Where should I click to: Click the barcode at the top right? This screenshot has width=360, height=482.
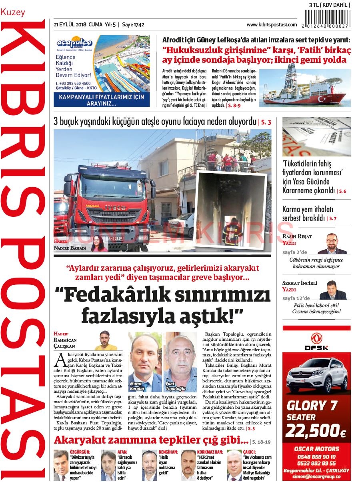[x=328, y=18]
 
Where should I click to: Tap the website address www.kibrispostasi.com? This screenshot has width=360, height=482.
[x=272, y=25]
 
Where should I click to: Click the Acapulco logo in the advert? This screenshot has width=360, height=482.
[x=75, y=43]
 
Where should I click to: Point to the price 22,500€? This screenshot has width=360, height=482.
[x=316, y=431]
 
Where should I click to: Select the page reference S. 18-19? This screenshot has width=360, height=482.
[x=261, y=442]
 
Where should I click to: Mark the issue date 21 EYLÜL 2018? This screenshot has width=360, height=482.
[x=70, y=25]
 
